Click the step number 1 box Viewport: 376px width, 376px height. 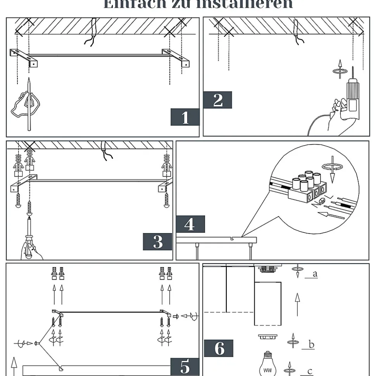(x=185, y=117)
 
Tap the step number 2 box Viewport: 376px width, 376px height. (x=217, y=100)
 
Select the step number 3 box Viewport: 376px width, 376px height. (x=158, y=242)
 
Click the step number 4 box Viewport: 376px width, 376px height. (x=190, y=224)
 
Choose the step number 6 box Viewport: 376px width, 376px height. (x=219, y=348)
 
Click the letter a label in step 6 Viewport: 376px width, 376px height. (x=315, y=274)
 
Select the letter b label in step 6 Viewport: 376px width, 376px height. (x=311, y=344)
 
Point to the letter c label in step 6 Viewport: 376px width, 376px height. (x=309, y=371)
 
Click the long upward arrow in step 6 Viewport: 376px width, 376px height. (x=297, y=304)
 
